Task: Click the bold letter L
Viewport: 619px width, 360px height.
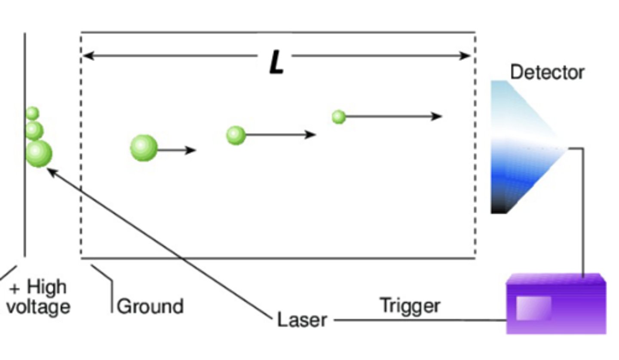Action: tap(276, 63)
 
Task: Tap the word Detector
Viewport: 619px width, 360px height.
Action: tap(547, 72)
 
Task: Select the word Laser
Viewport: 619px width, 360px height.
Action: tap(302, 320)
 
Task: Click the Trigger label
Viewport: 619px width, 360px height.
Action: tap(410, 305)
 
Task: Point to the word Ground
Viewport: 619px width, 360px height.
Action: tap(150, 306)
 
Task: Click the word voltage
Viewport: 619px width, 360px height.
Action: tap(38, 307)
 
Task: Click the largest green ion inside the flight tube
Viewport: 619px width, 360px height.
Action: tap(144, 148)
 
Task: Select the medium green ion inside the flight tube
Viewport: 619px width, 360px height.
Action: tap(236, 135)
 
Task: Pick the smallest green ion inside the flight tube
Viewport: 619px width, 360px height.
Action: tap(339, 117)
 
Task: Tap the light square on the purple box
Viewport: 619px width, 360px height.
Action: tap(533, 308)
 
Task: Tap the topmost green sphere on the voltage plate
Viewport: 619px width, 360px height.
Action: tap(32, 113)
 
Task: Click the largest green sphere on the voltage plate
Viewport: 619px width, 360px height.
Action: tap(39, 153)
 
